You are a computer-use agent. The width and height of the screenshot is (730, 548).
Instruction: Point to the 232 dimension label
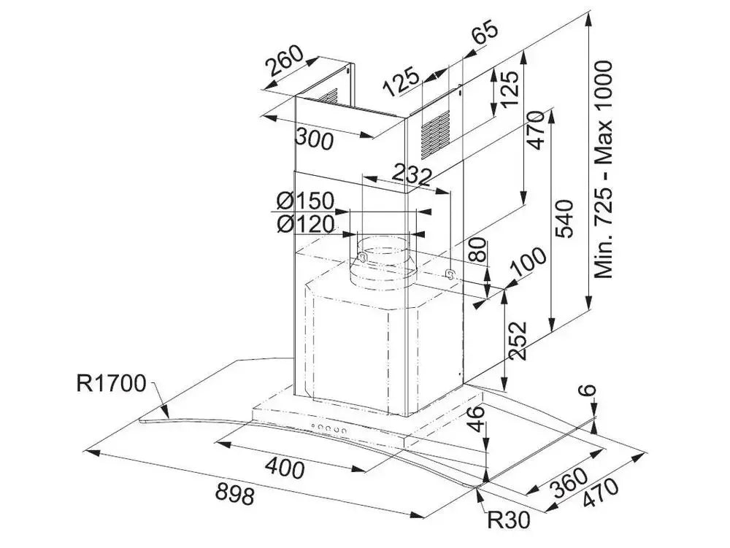[x=410, y=174]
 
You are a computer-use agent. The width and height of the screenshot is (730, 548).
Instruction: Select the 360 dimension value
[x=567, y=481]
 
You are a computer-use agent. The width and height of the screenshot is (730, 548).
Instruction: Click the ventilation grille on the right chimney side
[x=437, y=132]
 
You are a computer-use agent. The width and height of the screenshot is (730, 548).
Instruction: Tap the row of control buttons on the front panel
[x=328, y=430]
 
